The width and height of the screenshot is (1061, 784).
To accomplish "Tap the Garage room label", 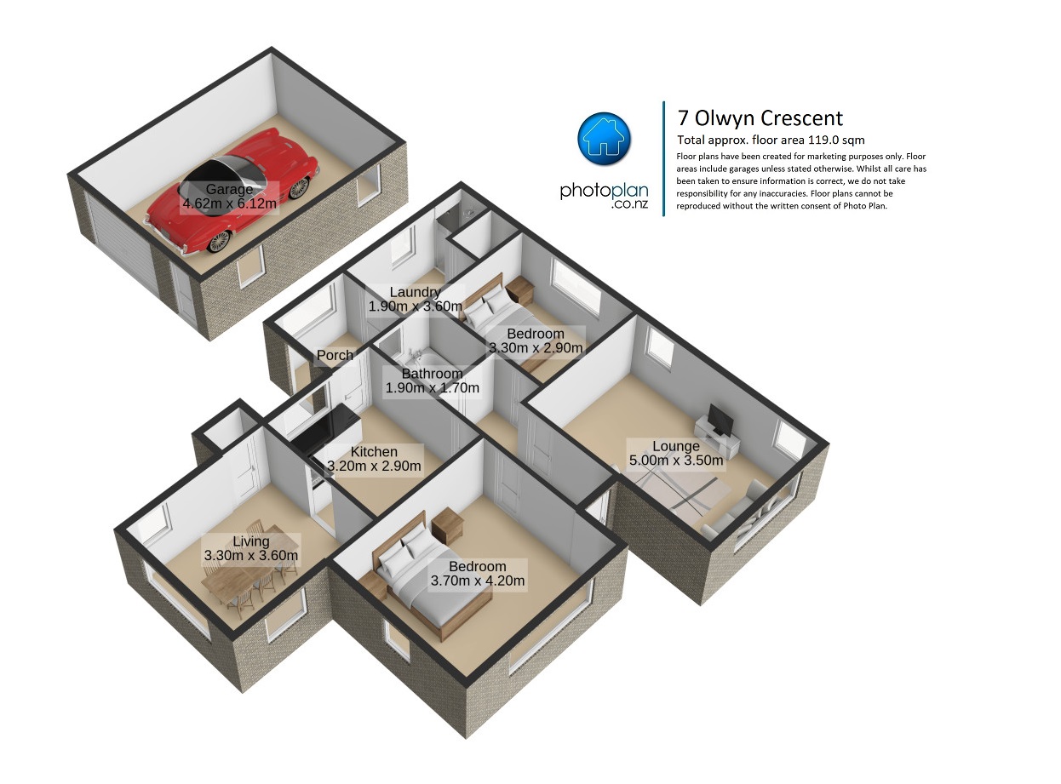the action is (229, 197).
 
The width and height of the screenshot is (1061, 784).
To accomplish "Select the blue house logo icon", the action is (604, 139).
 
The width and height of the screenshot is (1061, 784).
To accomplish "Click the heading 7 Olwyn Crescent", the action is (760, 118).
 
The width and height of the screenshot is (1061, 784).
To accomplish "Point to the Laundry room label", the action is (415, 299).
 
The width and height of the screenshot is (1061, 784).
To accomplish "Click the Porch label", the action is (335, 356).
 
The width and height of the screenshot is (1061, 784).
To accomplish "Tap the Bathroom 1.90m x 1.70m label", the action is (432, 381).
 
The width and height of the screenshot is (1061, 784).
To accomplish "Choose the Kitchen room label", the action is (374, 459).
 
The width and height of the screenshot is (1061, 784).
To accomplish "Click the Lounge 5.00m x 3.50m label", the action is (676, 454).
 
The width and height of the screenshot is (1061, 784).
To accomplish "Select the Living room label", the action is (251, 548).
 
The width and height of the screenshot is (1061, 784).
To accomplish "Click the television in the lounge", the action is (721, 421).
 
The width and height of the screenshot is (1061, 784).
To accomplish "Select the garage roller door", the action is (123, 243).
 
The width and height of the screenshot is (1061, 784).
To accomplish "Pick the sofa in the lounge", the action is (732, 511).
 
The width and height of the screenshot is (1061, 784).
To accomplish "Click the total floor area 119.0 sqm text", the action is (771, 140).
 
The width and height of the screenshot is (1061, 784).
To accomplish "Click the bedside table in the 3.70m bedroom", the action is (447, 526).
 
